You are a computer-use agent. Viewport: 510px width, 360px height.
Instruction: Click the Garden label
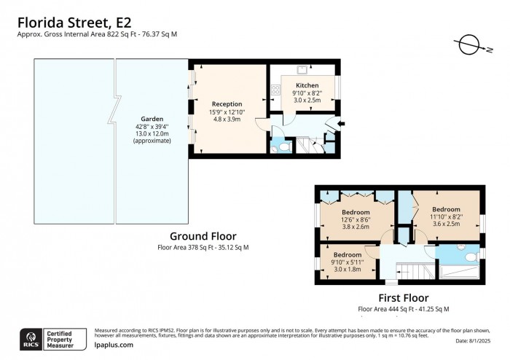click(152, 119)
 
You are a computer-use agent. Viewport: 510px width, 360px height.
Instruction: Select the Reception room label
click(227, 104)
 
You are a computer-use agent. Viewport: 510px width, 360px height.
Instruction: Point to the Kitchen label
click(307, 85)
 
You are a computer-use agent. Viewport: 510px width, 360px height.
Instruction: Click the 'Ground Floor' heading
click(203, 236)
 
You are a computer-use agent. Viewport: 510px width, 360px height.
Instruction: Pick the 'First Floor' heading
click(403, 297)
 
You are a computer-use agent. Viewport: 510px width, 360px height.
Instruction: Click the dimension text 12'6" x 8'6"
click(356, 219)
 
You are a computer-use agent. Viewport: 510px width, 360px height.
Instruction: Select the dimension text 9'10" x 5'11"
click(346, 262)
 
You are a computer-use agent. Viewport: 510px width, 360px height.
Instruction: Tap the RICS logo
click(31, 337)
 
